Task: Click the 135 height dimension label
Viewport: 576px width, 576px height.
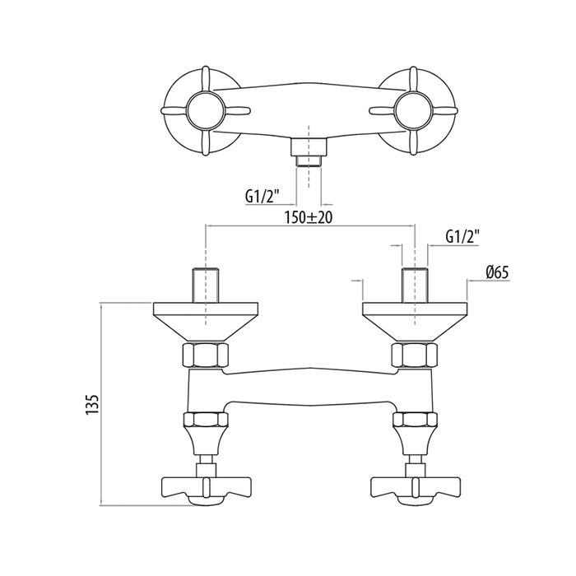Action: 92,405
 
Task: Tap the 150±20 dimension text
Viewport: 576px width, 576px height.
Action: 309,217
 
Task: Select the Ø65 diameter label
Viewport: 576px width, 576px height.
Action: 497,272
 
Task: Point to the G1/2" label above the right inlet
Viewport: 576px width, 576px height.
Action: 462,237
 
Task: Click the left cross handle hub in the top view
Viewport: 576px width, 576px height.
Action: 206,109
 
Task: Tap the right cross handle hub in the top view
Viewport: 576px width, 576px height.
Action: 414,109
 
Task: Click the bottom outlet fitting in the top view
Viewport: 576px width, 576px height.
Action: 309,152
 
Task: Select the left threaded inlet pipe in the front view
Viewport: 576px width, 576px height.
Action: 206,286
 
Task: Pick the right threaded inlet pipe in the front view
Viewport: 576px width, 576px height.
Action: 415,286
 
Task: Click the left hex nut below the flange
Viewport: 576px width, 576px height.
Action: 206,355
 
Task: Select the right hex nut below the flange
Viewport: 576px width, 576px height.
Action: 415,355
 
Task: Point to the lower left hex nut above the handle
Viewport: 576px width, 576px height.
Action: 206,419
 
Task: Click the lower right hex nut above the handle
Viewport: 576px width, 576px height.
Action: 415,419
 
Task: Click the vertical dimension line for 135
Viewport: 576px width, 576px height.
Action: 101,404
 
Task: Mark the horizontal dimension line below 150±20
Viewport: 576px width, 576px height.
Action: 310,226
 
